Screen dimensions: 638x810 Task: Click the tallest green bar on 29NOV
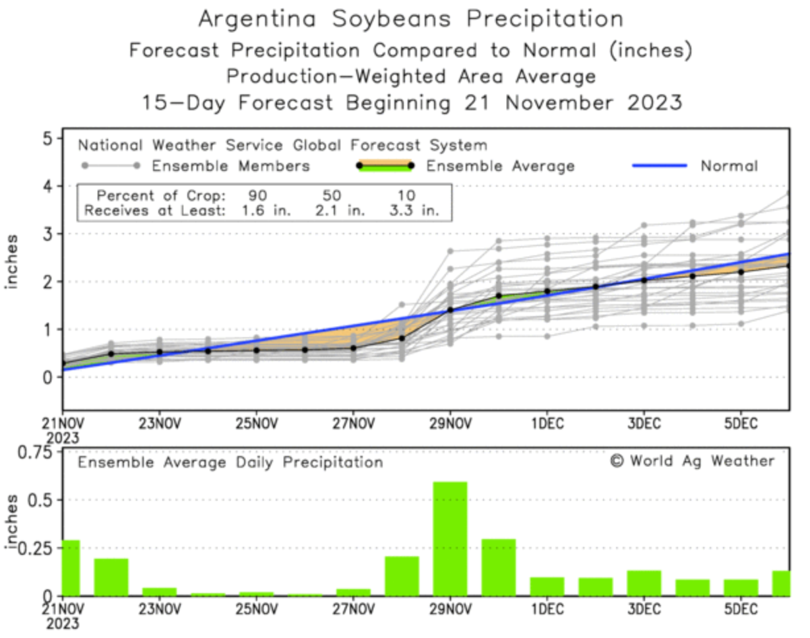click(x=450, y=538)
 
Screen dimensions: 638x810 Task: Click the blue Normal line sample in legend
click(x=659, y=166)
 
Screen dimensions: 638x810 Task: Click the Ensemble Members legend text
click(x=231, y=166)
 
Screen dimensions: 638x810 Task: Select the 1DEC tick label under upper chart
click(x=547, y=424)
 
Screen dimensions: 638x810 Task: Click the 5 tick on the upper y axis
click(x=47, y=139)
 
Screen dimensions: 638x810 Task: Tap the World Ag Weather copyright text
click(x=693, y=461)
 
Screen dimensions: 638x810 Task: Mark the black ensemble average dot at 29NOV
click(x=451, y=309)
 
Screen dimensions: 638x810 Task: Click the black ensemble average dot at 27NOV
click(x=354, y=348)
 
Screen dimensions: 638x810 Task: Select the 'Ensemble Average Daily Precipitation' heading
click(x=230, y=462)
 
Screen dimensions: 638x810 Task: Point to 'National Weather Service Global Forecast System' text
click(x=282, y=145)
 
